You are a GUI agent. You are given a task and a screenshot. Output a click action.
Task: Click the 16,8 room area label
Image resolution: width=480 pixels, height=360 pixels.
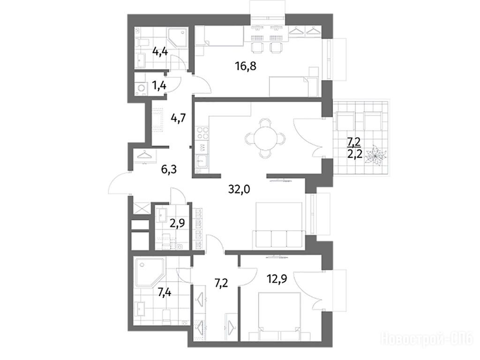click(246, 66)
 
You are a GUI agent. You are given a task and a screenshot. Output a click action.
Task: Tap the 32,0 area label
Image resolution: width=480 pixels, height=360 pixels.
click(239, 190)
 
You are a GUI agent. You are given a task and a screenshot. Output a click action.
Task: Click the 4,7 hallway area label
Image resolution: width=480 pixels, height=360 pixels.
click(178, 117)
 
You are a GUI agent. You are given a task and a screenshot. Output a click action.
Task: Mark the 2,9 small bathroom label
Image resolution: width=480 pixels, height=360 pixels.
click(178, 221)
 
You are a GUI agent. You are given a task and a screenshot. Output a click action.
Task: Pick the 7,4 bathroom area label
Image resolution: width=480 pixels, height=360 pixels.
click(164, 293)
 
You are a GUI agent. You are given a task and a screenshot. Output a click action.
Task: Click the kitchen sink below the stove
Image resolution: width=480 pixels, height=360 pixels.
click(202, 161)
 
